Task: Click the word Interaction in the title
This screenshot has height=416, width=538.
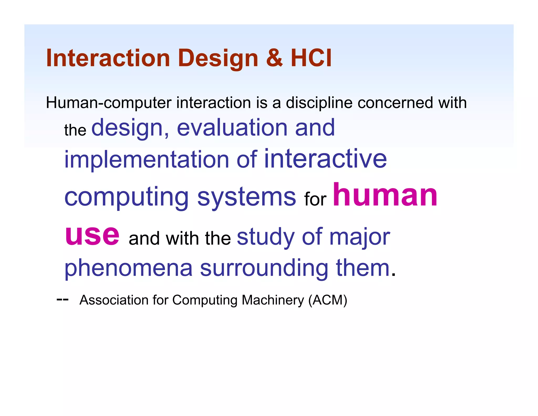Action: point(108,58)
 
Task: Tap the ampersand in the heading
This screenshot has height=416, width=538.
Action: point(274,58)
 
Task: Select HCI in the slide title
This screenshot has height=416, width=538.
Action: point(311,58)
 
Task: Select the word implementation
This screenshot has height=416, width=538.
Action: point(147,160)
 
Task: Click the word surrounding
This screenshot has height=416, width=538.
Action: point(264,268)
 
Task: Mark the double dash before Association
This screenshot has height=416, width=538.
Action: point(63,300)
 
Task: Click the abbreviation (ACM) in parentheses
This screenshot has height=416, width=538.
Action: point(328,300)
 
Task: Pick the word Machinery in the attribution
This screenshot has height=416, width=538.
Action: point(273,300)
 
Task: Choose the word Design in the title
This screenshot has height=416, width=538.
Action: point(218,58)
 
